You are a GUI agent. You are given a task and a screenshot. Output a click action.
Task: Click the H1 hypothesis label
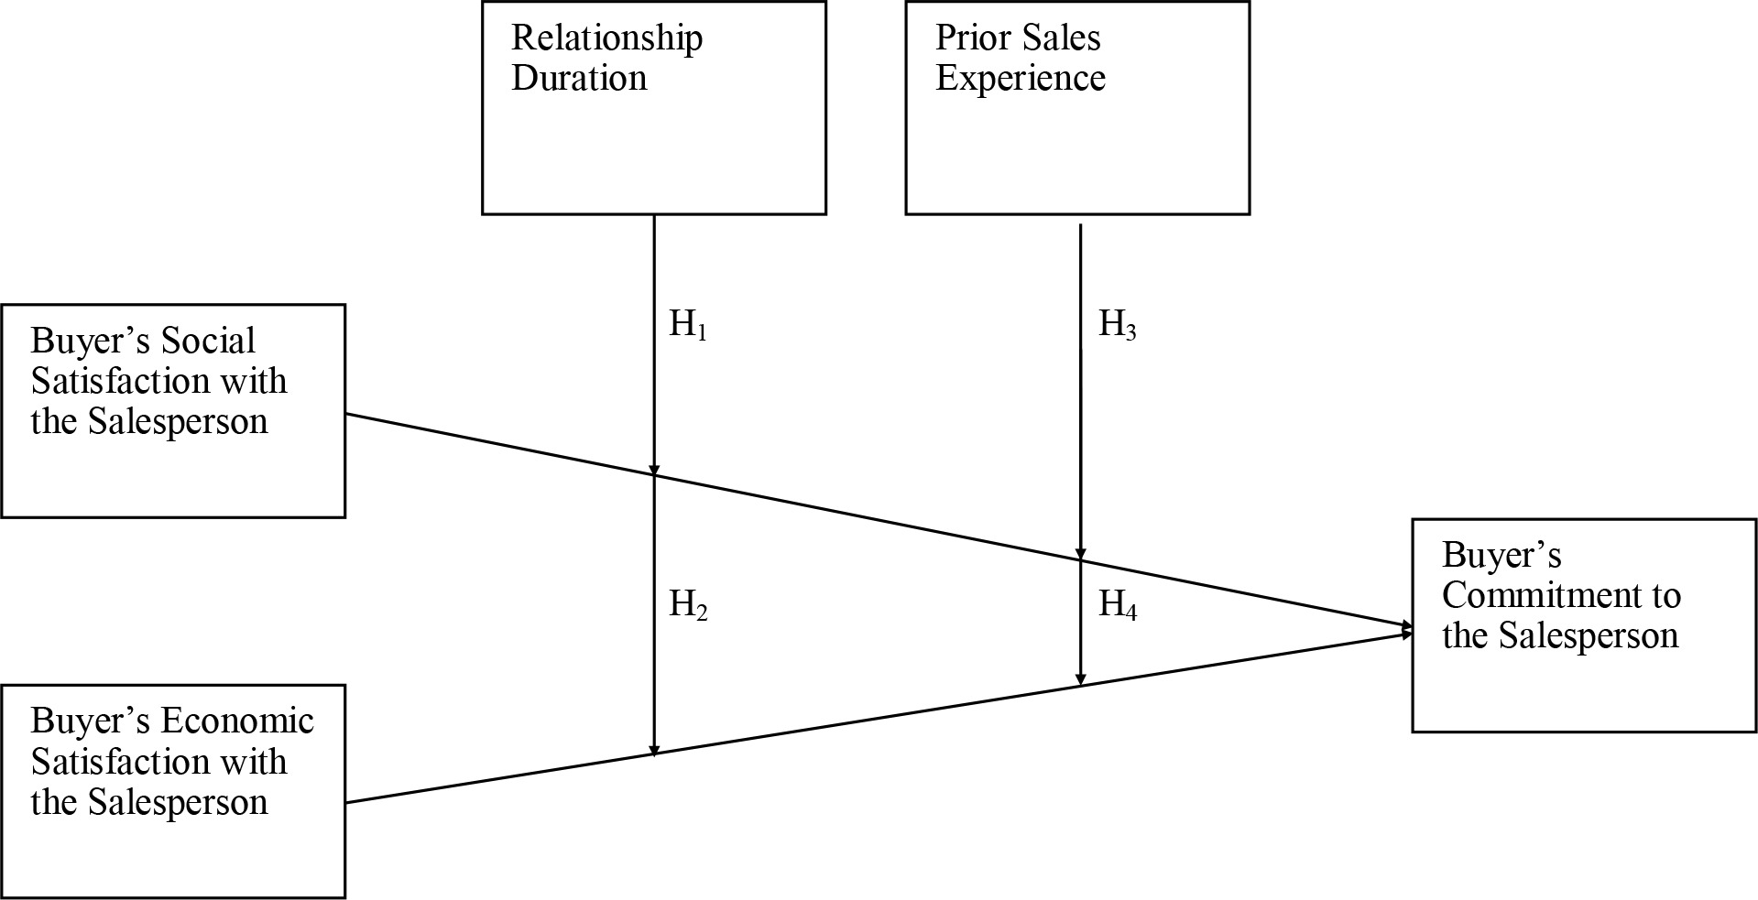tap(688, 324)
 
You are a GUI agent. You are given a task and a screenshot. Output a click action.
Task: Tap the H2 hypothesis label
tap(688, 604)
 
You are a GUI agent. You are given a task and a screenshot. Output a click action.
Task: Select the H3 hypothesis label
tap(1117, 324)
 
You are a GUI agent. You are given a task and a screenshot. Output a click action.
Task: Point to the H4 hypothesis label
tap(1117, 604)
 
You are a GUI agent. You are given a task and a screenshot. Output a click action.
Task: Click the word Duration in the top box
tap(579, 78)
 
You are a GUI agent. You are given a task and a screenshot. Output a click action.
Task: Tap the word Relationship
tap(606, 38)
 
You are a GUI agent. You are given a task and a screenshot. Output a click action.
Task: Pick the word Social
tap(207, 341)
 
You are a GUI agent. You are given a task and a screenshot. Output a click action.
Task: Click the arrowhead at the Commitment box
tap(1406, 629)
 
